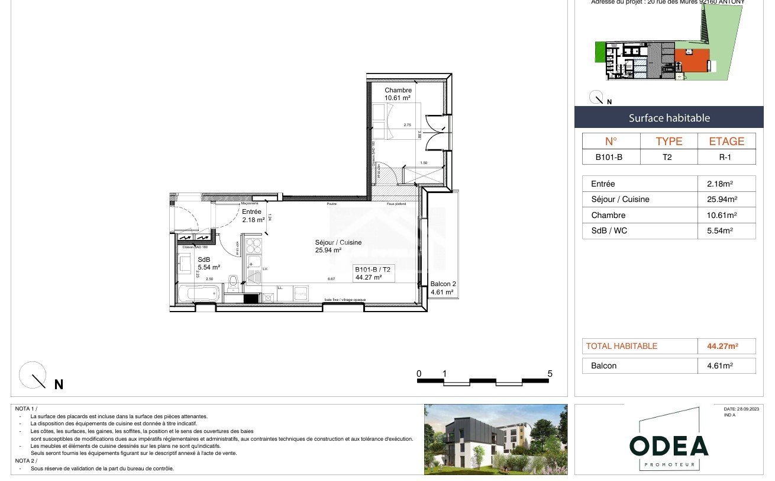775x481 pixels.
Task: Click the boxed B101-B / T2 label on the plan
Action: [373, 273]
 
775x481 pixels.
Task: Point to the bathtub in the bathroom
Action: [198, 293]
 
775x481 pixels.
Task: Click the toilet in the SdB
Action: [233, 282]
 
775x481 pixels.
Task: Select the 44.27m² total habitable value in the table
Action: [727, 346]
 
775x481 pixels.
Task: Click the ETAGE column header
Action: [726, 141]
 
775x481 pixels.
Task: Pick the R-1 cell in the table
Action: [726, 157]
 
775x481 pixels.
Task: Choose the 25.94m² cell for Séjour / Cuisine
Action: [726, 200]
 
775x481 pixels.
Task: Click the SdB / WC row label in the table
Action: [609, 231]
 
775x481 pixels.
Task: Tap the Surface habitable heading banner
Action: [669, 118]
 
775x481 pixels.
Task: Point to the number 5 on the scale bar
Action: [550, 374]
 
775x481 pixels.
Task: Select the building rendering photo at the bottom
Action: [495, 439]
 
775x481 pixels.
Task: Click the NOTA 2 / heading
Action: [25, 460]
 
